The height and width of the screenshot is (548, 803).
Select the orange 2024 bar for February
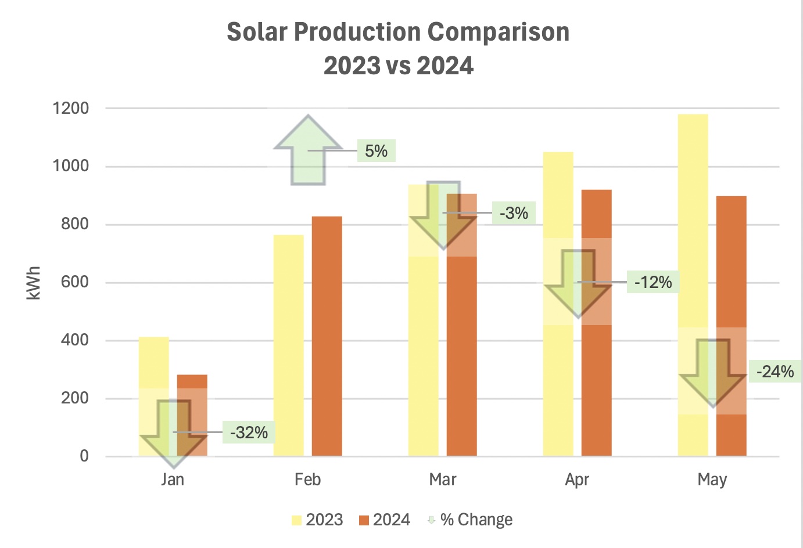coord(327,337)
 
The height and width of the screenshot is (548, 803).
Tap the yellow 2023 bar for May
coord(693,221)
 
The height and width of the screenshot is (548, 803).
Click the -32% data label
coord(249,432)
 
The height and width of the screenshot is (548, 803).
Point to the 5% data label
coord(376,151)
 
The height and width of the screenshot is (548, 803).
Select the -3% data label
coord(514,213)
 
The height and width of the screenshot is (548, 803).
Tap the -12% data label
coord(653,283)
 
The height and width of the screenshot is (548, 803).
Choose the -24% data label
coord(775,372)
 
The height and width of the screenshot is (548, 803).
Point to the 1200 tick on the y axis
coord(70,108)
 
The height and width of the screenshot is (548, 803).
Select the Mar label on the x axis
coord(442,479)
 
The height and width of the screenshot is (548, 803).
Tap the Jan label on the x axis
coord(173,479)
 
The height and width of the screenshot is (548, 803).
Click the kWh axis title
coord(34,283)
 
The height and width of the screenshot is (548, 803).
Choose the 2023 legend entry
coord(318,520)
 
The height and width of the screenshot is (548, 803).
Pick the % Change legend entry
coord(470,520)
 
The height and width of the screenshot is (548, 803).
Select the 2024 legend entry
coord(385,520)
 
